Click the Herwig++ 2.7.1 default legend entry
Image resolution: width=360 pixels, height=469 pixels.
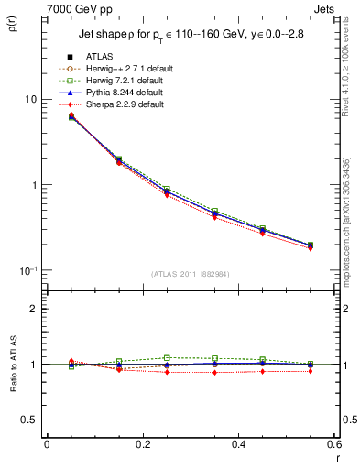click(x=125, y=70)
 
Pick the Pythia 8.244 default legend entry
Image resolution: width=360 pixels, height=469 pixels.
click(x=125, y=93)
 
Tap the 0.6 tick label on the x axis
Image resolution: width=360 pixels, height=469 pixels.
click(x=333, y=445)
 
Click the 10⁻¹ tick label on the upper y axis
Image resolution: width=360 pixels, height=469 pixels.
click(x=28, y=270)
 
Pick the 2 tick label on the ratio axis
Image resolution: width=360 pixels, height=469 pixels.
click(x=34, y=309)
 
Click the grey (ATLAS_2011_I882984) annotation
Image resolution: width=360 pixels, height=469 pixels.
click(x=191, y=274)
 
